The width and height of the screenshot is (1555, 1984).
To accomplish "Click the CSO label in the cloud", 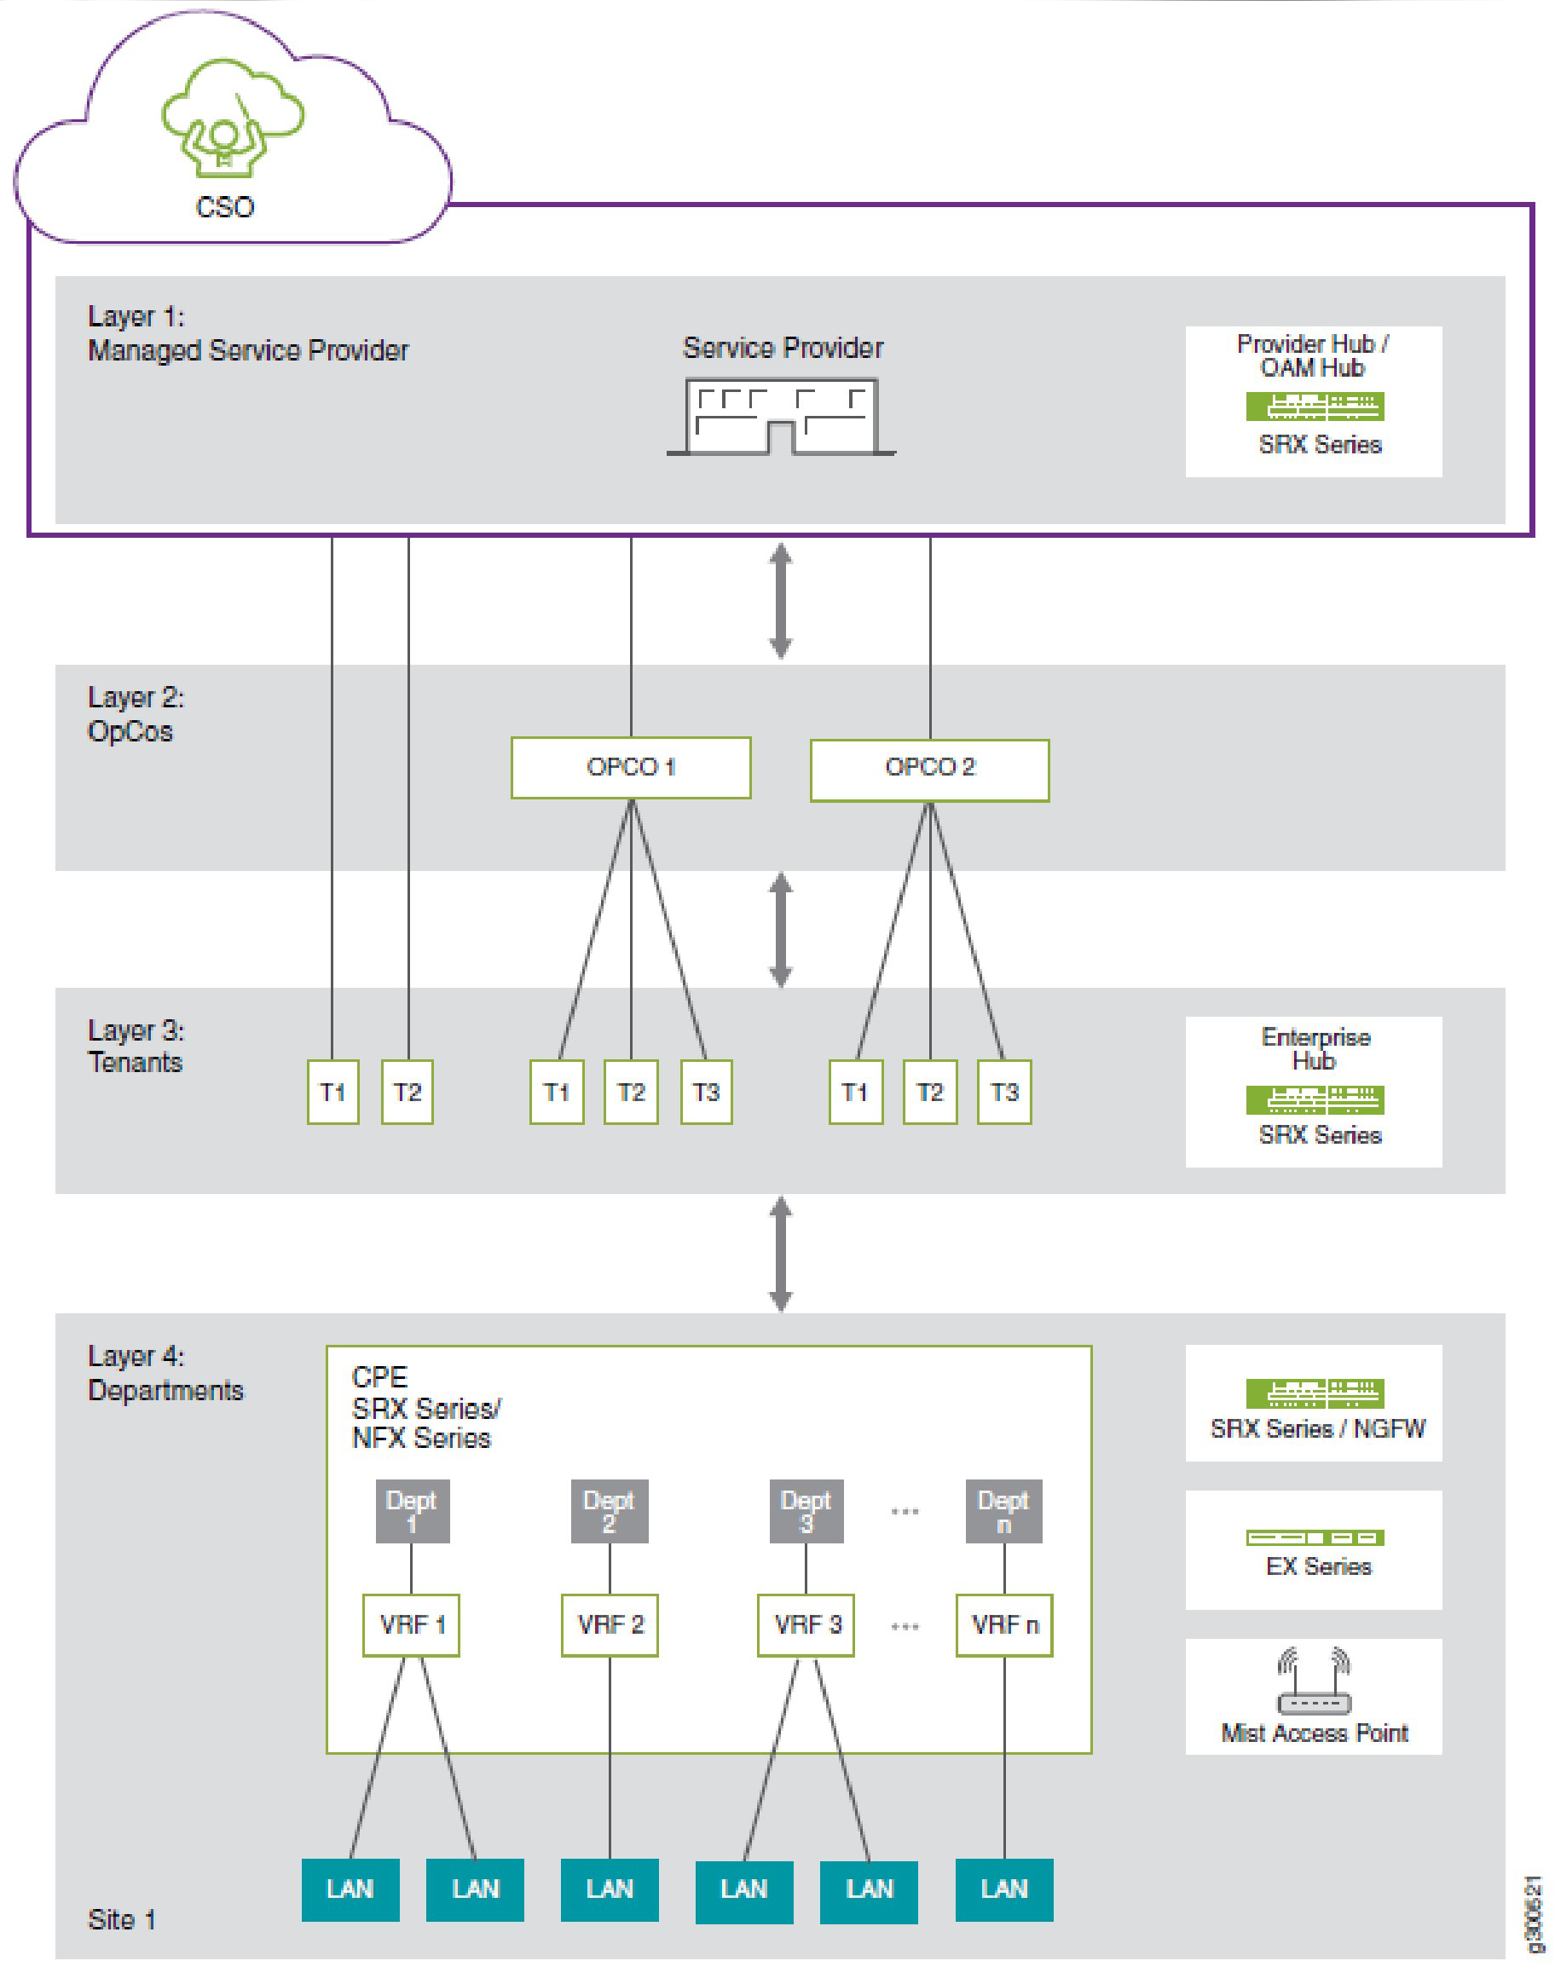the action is click(225, 207).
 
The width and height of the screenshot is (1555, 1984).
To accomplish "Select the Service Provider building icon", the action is click(781, 417).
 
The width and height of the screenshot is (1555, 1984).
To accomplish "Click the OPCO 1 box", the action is click(631, 767).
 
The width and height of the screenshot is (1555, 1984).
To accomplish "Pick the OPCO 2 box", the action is click(929, 769).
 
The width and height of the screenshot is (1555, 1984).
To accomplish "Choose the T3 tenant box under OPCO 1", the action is click(707, 1091).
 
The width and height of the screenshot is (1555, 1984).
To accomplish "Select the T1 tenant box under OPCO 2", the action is click(856, 1091).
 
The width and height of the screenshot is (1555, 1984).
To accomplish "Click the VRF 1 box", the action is click(412, 1624).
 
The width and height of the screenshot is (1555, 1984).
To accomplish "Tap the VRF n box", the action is click(1004, 1624).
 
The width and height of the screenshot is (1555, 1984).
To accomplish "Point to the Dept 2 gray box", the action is click(609, 1512).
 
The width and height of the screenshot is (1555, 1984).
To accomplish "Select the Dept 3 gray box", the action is click(806, 1512).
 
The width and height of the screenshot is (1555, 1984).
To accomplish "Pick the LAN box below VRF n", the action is click(1004, 1890).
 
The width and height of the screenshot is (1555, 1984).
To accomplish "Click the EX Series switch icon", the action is click(1315, 1538).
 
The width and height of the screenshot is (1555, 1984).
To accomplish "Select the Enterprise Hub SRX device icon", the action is click(1315, 1100).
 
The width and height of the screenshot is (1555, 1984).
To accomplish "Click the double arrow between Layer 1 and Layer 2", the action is click(780, 601).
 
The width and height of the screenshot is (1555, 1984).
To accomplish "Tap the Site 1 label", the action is click(122, 1920).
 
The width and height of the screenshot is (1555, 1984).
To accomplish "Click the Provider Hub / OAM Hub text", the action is click(1312, 356).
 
